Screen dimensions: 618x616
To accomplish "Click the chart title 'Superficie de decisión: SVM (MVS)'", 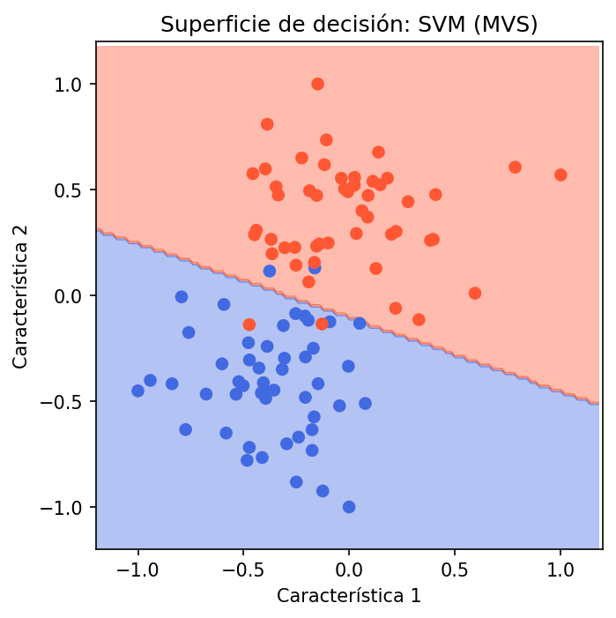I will pos(349,25).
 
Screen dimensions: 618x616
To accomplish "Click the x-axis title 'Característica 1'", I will pos(349,596).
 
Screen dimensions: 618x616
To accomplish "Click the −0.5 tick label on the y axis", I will pos(72,402).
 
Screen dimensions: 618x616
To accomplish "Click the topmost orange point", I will pos(317,84).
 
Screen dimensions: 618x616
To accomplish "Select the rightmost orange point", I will pos(560,175).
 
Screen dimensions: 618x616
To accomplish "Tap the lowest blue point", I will pos(349,507).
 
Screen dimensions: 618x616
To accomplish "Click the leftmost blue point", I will pos(137,391).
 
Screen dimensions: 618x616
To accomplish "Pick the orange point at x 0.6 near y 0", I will pos(475,293).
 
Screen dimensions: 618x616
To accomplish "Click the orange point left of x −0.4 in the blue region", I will pos(249,324).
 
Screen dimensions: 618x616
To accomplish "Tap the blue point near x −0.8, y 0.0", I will pos(182,297).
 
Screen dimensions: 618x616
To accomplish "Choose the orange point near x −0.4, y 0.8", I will pos(267,124).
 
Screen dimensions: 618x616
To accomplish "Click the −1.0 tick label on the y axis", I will pos(72,508).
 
